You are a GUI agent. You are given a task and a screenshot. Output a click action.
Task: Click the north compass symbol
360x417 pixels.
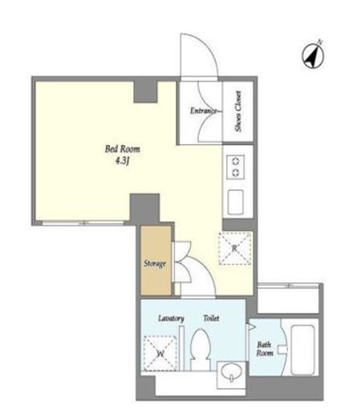pyautogui.click(x=313, y=55)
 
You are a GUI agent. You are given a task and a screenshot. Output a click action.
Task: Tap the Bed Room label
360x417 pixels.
pyautogui.click(x=123, y=149)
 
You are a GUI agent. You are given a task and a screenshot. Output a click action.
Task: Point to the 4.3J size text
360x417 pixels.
pyautogui.click(x=122, y=161)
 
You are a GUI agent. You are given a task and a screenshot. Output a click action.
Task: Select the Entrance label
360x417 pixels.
pyautogui.click(x=205, y=111)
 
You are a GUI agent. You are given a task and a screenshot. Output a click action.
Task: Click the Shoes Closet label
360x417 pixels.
pyautogui.click(x=238, y=111)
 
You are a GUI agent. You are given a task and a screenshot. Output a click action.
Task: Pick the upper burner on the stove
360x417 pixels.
pyautogui.click(x=236, y=161)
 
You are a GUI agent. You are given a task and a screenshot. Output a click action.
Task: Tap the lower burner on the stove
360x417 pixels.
pyautogui.click(x=236, y=172)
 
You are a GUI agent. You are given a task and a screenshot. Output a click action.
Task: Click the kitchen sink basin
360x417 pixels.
pyautogui.click(x=236, y=202)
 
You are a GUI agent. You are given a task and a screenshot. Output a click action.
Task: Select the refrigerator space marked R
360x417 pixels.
pyautogui.click(x=235, y=249)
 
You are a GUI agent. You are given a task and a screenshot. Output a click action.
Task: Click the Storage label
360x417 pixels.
pyautogui.click(x=155, y=264)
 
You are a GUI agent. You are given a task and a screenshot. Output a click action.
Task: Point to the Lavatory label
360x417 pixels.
pyautogui.click(x=171, y=318)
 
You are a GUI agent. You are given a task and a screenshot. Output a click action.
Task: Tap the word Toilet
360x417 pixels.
pyautogui.click(x=211, y=318)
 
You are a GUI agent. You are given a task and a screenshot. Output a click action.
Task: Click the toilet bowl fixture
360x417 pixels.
pyautogui.click(x=200, y=350)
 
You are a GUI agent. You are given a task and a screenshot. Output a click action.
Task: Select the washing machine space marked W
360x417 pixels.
pyautogui.click(x=160, y=353)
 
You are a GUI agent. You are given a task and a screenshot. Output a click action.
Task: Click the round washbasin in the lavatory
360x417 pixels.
pyautogui.click(x=232, y=372)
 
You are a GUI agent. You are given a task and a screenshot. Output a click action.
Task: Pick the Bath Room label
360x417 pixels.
pyautogui.click(x=265, y=349)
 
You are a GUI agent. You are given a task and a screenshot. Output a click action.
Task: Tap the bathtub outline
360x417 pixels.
pyautogui.click(x=302, y=350)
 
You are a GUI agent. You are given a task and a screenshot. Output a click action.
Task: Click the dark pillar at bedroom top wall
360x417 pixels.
pyautogui.click(x=145, y=91)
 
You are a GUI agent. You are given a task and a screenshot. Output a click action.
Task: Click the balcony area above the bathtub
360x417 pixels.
pyautogui.click(x=288, y=300)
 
